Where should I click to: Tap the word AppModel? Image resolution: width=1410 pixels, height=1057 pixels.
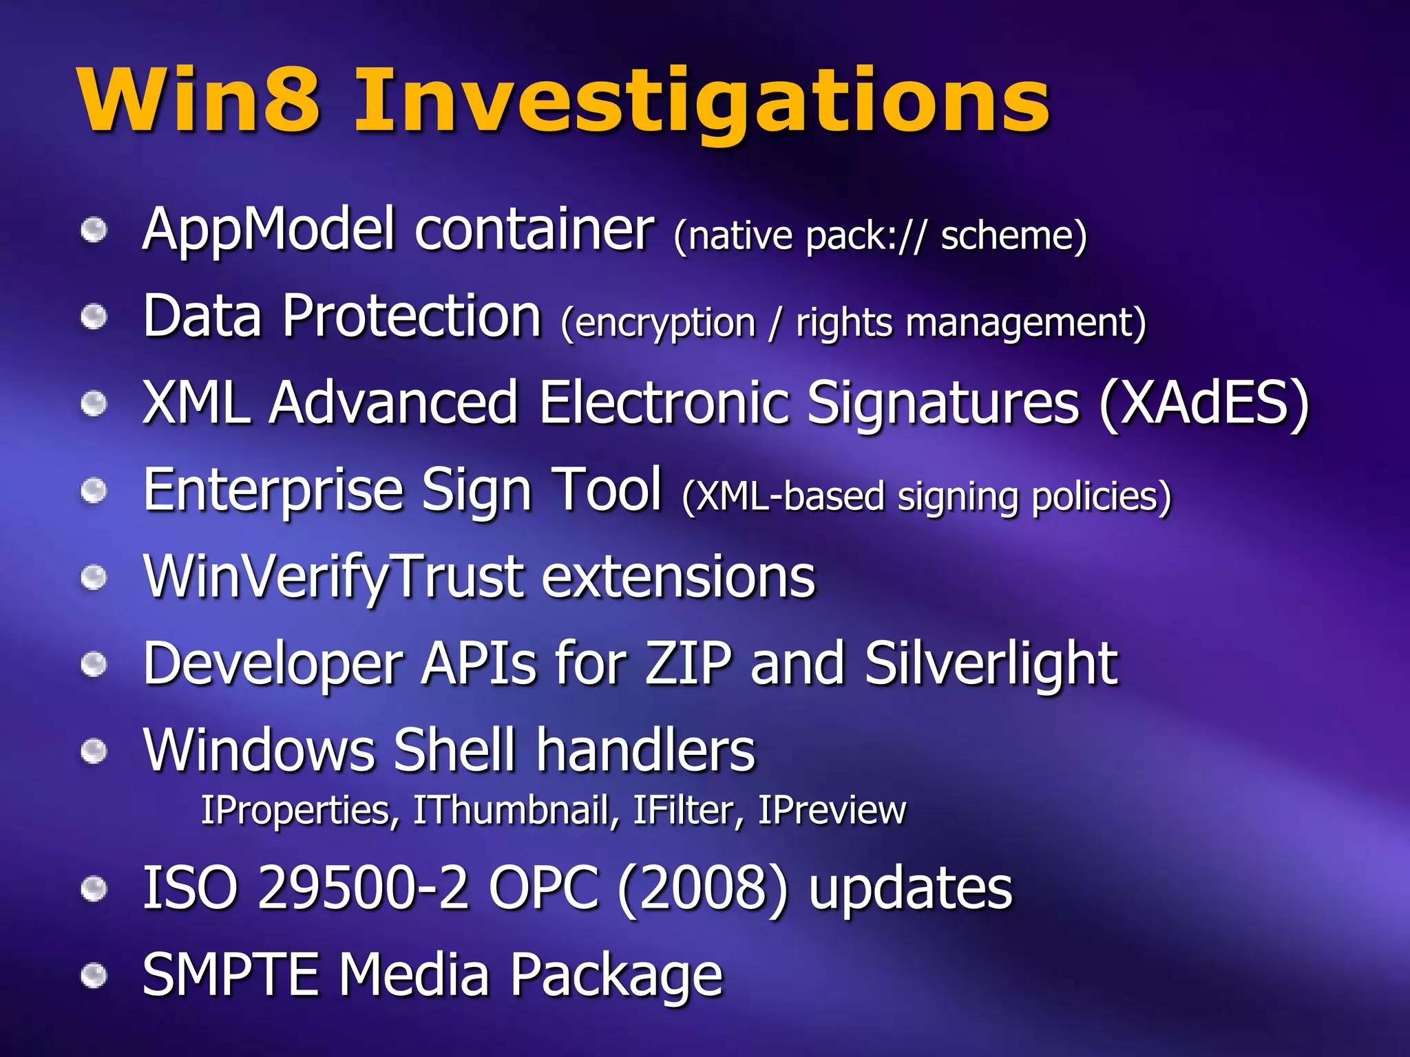[x=269, y=231]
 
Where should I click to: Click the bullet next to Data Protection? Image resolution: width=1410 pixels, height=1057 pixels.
[x=94, y=317]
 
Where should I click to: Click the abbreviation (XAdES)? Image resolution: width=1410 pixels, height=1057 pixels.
[x=1203, y=403]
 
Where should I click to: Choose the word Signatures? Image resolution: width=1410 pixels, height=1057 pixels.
[x=943, y=403]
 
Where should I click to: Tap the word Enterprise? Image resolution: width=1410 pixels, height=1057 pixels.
[x=273, y=491]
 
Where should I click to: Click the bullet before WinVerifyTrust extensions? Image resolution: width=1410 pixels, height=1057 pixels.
[x=94, y=578]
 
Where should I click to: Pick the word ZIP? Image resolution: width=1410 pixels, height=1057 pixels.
[x=688, y=663]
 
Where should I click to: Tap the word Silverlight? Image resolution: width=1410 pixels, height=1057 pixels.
[x=991, y=663]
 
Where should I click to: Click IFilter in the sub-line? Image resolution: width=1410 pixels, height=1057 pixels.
[x=688, y=810]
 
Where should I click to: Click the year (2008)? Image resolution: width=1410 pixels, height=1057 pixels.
[x=702, y=888]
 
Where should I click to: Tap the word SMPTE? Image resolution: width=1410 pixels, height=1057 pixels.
[x=230, y=974]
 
